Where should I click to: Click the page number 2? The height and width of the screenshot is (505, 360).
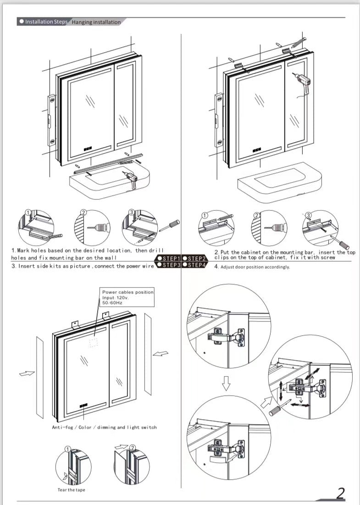tap(340, 493)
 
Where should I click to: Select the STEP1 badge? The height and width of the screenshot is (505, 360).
tap(169, 259)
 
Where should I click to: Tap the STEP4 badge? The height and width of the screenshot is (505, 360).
tap(195, 265)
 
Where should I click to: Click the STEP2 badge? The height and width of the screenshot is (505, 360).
tap(195, 259)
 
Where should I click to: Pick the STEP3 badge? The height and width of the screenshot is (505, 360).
tap(169, 265)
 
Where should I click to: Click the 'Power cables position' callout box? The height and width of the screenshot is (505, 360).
tap(127, 298)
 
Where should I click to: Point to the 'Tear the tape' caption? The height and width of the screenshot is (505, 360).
tap(71, 490)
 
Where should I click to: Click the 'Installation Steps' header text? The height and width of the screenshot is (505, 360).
tap(46, 22)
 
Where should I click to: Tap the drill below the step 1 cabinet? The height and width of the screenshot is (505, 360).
tap(131, 179)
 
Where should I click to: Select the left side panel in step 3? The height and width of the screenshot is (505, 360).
tap(39, 377)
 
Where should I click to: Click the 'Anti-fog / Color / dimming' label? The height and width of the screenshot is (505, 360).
tap(104, 427)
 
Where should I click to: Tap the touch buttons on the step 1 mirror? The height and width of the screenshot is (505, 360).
tap(88, 149)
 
